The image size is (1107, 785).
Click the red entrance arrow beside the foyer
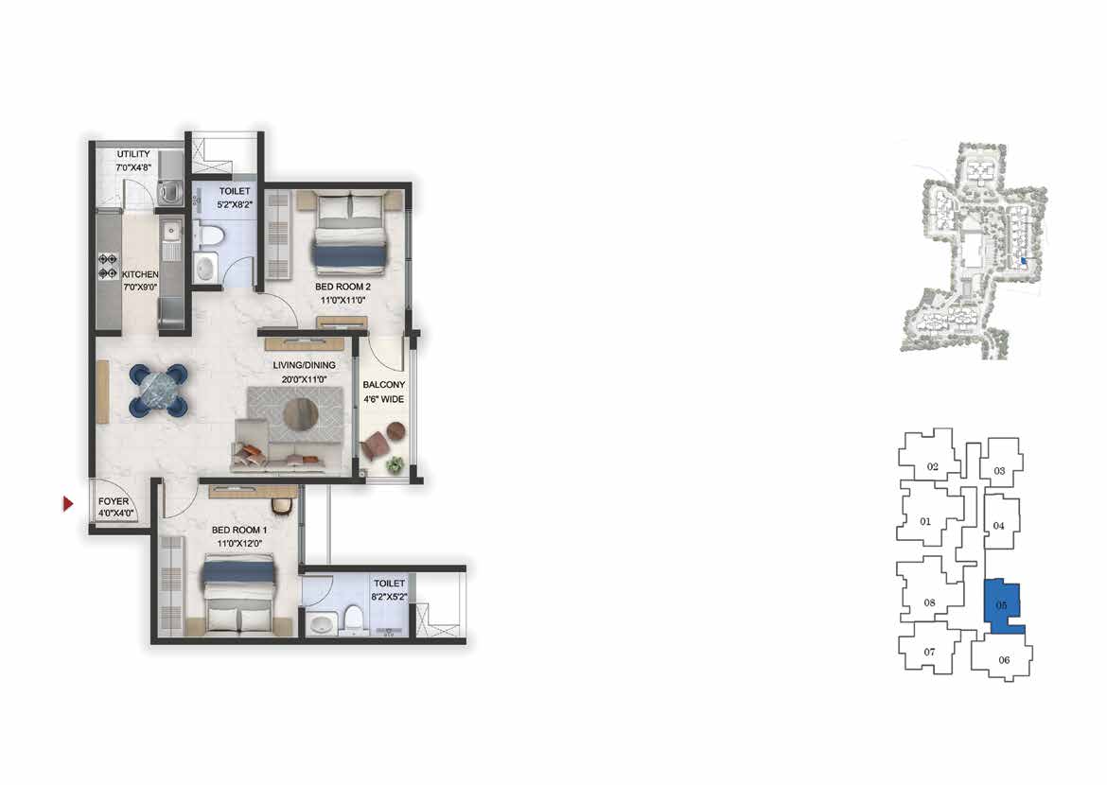coord(68,503)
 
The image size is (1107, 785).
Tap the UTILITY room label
coord(133,154)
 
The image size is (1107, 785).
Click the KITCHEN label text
coord(140,274)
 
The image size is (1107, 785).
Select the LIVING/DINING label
coord(305,365)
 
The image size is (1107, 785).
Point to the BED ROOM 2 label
coord(343,287)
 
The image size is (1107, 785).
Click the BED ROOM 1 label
coord(239,530)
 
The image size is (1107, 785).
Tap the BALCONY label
coord(383,385)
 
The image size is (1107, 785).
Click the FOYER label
coord(114,501)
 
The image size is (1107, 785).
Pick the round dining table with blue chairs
coord(159,390)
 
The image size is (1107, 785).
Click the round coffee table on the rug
coord(301,413)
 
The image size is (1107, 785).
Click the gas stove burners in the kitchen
coord(108,266)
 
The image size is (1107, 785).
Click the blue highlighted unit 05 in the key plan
coord(1003,605)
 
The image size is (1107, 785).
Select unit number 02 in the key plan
coord(933,466)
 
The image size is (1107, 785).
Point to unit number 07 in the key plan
coord(929,652)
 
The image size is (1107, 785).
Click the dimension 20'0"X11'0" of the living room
coord(304,379)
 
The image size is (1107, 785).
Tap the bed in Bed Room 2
coord(351,232)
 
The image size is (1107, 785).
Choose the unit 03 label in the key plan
coord(999,471)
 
